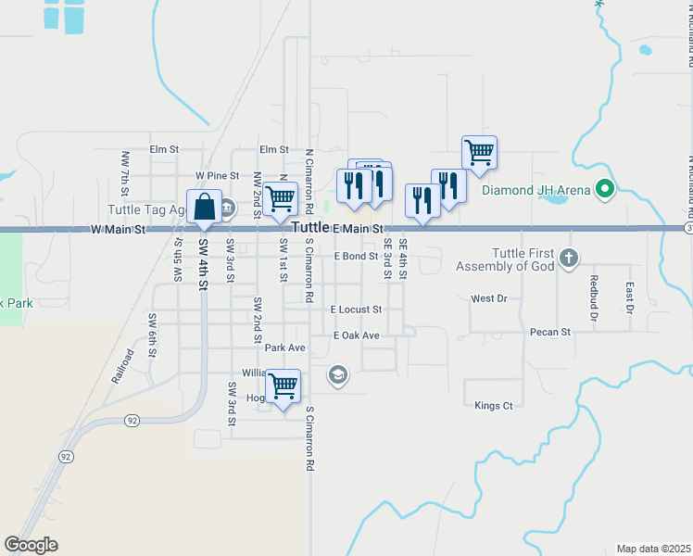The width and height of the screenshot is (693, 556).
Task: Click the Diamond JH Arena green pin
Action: pyautogui.click(x=606, y=192)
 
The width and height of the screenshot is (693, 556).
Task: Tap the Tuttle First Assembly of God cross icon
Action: pyautogui.click(x=569, y=257)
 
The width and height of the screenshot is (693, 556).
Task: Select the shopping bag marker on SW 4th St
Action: pyautogui.click(x=205, y=207)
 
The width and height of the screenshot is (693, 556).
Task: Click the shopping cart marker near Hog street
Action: pyautogui.click(x=283, y=385)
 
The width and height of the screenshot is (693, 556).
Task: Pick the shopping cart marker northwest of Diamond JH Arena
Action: pyautogui.click(x=479, y=152)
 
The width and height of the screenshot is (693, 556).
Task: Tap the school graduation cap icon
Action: pyautogui.click(x=338, y=375)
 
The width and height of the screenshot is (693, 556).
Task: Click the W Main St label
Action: pyautogui.click(x=119, y=229)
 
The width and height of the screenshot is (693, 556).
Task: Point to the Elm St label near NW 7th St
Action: pyautogui.click(x=163, y=149)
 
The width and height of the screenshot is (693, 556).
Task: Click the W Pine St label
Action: pyautogui.click(x=210, y=175)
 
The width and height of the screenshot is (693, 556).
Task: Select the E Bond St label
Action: pyautogui.click(x=357, y=256)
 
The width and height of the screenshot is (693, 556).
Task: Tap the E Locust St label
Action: pyautogui.click(x=357, y=310)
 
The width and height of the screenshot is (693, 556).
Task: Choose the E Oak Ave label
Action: pyautogui.click(x=357, y=335)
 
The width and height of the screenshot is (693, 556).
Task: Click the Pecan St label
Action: pyautogui.click(x=549, y=331)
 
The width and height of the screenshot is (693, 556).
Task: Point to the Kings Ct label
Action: pyautogui.click(x=493, y=406)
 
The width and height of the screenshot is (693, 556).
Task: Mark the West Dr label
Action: pyautogui.click(x=489, y=298)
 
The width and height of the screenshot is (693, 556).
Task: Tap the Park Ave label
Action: pyautogui.click(x=285, y=347)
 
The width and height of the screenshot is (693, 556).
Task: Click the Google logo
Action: pyautogui.click(x=31, y=545)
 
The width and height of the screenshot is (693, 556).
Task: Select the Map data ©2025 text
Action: pyautogui.click(x=653, y=549)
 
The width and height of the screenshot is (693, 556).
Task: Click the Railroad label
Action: pyautogui.click(x=123, y=366)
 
